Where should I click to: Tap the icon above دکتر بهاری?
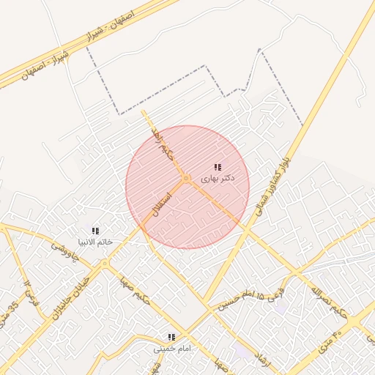tap(218, 168)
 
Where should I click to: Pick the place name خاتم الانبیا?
tap(95, 242)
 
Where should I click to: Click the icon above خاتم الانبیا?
tap(95, 231)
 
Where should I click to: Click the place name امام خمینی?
tap(171, 348)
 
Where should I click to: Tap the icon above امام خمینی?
tap(171, 338)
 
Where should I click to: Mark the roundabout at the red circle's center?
tap(187, 179)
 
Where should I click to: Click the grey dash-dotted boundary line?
tap(168, 88)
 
